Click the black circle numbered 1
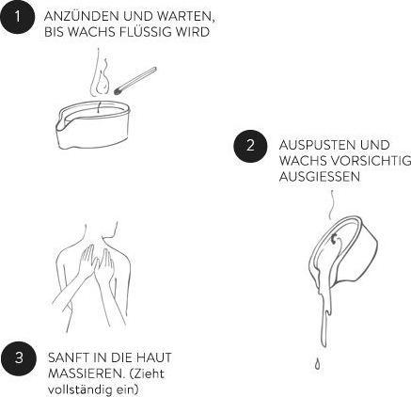point(17,17)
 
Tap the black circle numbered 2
point(250,146)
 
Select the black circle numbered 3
point(19,357)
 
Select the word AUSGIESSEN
point(320,176)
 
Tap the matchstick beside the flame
point(135,81)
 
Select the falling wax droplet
point(318,363)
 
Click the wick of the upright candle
point(99,107)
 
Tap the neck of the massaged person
point(102,233)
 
